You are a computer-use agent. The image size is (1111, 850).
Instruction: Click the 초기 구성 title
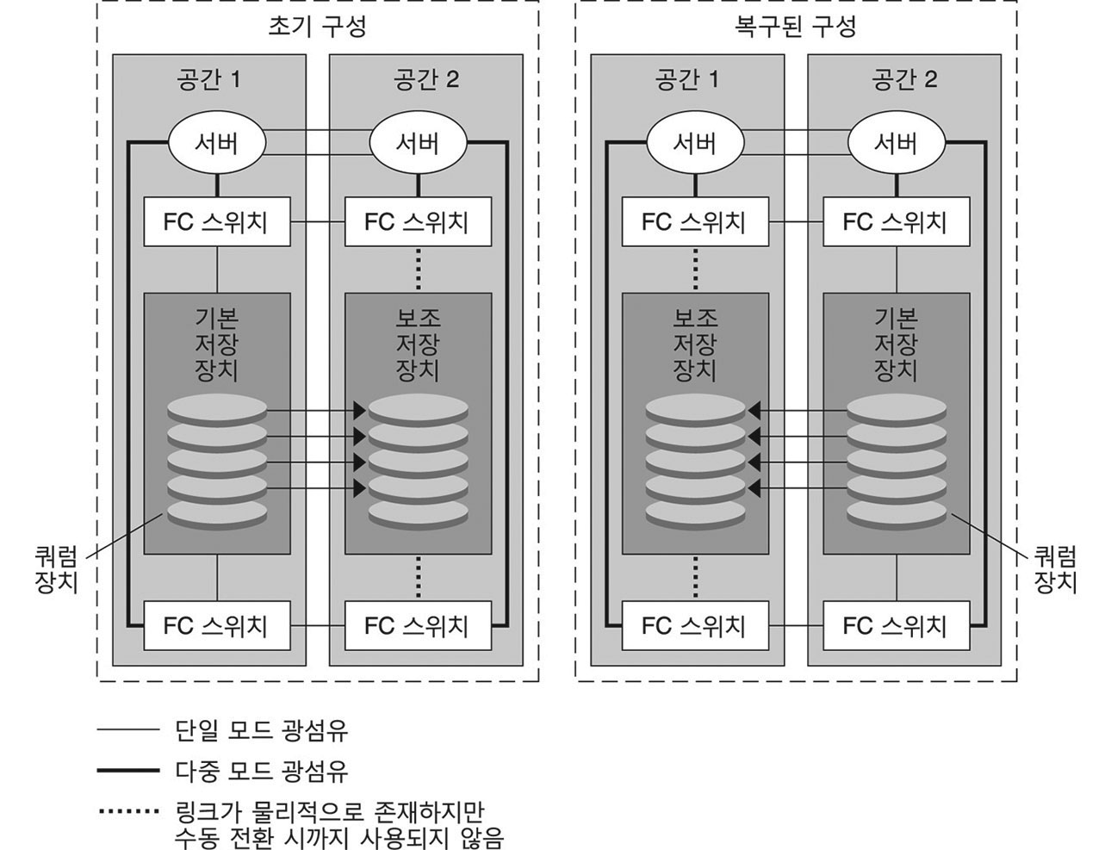318,27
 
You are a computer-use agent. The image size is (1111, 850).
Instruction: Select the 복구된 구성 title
796,27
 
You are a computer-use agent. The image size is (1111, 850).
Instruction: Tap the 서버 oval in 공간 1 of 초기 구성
215,143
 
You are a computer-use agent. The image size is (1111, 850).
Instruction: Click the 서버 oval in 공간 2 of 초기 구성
418,143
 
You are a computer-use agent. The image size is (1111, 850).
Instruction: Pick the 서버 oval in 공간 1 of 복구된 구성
694,143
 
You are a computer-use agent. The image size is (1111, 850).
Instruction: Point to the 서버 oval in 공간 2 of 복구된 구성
896,143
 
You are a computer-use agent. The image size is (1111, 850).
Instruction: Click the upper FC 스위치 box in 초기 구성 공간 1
216,222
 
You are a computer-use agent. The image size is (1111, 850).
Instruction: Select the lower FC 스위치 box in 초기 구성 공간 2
418,625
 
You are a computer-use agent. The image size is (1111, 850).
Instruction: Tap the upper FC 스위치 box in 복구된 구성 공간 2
896,222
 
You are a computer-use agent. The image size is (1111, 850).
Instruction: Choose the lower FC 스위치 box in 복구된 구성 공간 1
694,625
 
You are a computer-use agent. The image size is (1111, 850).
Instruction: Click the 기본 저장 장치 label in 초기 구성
216,344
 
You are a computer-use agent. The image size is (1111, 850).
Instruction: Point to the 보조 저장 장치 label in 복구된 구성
694,344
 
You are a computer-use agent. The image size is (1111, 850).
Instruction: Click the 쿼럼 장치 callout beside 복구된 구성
1055,569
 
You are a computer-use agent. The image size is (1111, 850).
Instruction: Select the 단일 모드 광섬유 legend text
262,731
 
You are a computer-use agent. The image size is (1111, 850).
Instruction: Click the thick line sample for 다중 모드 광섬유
128,770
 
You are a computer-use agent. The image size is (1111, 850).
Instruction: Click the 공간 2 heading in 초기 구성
425,80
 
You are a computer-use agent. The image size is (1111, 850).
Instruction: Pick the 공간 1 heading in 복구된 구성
686,80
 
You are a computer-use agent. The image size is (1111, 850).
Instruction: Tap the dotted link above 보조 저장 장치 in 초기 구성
418,269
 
